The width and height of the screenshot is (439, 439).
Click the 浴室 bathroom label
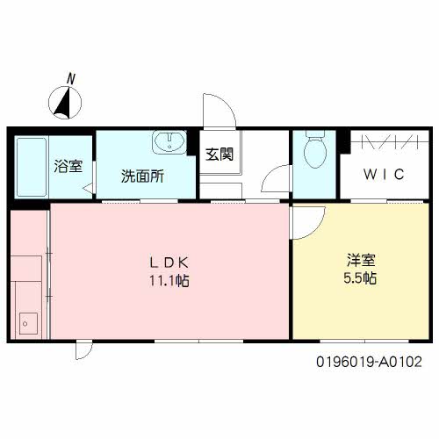[65, 165]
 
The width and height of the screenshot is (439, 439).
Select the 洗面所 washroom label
[141, 175]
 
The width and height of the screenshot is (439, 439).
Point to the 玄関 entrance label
[219, 155]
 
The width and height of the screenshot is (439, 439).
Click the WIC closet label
[384, 174]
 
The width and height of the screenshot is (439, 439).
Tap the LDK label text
[169, 261]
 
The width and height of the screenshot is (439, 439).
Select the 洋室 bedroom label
[361, 260]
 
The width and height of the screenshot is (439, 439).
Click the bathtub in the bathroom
[33, 167]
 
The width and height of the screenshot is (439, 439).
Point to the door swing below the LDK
[83, 351]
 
